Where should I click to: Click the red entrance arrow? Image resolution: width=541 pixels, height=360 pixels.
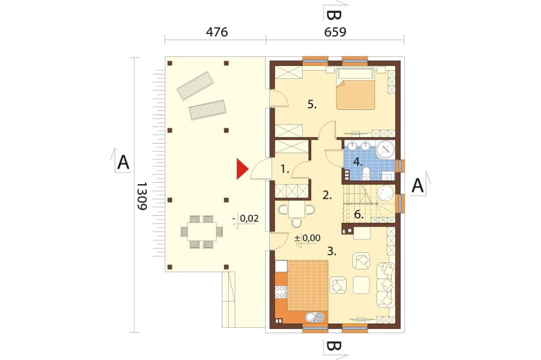pyautogui.click(x=241, y=169)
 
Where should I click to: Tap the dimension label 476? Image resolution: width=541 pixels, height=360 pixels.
pyautogui.click(x=217, y=32)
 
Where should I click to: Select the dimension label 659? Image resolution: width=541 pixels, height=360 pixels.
pyautogui.click(x=335, y=32)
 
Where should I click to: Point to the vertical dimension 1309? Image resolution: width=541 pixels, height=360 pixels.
pyautogui.click(x=142, y=196)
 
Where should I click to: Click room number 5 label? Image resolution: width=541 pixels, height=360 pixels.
pyautogui.click(x=312, y=105)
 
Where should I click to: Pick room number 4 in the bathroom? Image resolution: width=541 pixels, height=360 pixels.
pyautogui.click(x=358, y=161)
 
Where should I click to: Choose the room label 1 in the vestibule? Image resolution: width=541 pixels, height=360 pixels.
pyautogui.click(x=285, y=169)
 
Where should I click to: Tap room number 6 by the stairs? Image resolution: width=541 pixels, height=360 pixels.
pyautogui.click(x=359, y=215)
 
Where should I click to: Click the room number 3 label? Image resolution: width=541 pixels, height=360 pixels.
pyautogui.click(x=332, y=251)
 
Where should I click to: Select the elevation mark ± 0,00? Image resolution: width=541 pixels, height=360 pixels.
pyautogui.click(x=307, y=238)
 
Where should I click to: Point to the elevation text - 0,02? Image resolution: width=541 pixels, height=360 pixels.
pyautogui.click(x=245, y=219)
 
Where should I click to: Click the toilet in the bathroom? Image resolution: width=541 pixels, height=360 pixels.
pyautogui.click(x=366, y=174)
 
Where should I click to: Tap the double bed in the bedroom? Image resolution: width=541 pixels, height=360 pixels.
pyautogui.click(x=356, y=90)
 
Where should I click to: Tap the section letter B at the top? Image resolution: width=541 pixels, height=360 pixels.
pyautogui.click(x=334, y=15)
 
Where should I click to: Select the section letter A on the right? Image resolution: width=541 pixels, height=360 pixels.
pyautogui.click(x=417, y=185)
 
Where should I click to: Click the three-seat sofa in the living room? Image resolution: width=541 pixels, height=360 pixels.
pyautogui.click(x=386, y=285)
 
